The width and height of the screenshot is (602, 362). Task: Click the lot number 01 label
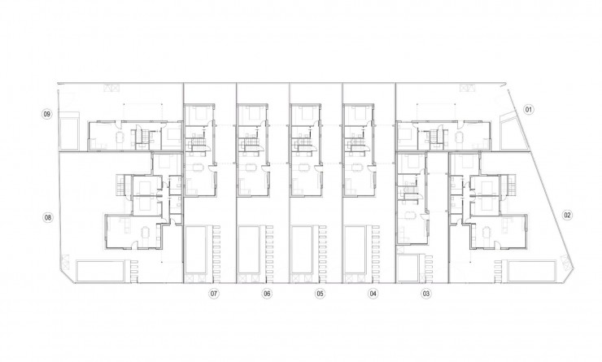coord(527,109)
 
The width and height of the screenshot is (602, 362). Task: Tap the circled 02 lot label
coord(567,216)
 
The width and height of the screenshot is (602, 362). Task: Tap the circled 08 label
coord(48,217)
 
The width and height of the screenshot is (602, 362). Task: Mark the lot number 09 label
coord(48,115)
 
